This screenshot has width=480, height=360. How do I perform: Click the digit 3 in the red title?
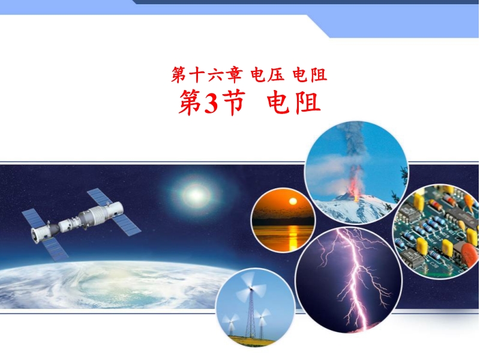click(x=211, y=103)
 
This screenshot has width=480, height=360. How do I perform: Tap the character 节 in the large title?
click(x=232, y=103)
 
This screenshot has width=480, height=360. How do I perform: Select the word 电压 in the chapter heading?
click(x=267, y=75)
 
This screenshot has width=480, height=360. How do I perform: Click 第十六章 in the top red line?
click(x=206, y=75)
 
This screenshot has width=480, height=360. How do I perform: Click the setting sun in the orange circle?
click(x=293, y=201)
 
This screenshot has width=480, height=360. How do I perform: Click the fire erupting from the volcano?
click(x=355, y=184)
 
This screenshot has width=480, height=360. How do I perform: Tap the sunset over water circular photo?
click(x=283, y=220)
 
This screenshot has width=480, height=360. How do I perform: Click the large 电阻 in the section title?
click(x=293, y=103)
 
